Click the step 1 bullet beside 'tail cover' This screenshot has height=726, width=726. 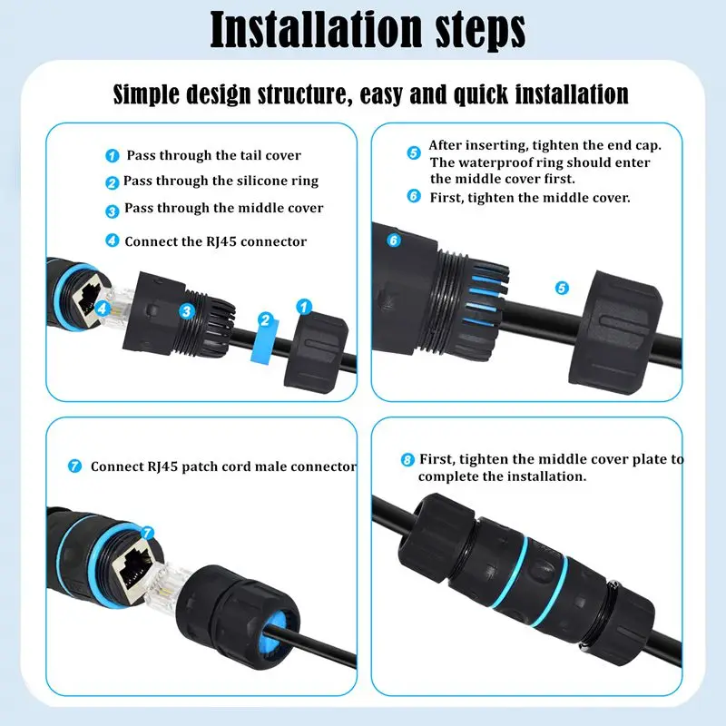point(112,156)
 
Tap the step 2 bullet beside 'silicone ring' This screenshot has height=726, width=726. point(112,182)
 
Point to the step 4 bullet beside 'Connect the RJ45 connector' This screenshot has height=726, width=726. point(112,241)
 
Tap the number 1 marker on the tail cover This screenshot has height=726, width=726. point(306,309)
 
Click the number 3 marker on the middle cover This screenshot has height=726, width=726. point(186,311)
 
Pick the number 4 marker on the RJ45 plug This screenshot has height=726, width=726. point(103,308)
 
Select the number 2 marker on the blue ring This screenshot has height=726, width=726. point(265,319)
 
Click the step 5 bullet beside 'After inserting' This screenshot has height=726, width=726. point(413,152)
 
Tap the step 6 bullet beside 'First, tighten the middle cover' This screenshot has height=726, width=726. point(413,196)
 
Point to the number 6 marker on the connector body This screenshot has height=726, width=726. point(393,240)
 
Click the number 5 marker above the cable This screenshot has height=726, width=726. point(562,288)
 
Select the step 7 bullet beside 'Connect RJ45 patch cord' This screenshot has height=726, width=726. point(75,466)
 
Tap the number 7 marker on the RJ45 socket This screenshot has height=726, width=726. point(148,534)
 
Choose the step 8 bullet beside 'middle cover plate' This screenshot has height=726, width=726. point(407,459)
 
